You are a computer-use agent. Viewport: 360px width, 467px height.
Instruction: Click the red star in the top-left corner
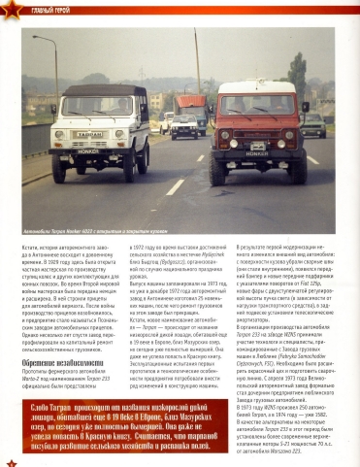(x=9, y=9)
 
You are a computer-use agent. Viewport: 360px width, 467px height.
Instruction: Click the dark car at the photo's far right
(x=314, y=128)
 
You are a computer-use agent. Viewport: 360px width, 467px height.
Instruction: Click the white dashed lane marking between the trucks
(x=175, y=186)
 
